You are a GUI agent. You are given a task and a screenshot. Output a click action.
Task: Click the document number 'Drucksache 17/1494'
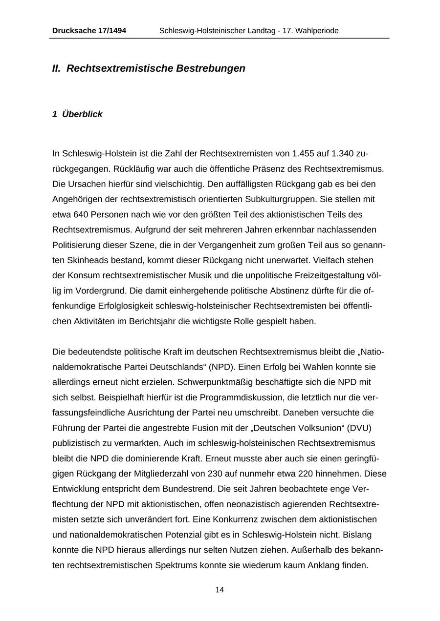pos(89,31)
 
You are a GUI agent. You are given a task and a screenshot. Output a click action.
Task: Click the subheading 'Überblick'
pos(82,114)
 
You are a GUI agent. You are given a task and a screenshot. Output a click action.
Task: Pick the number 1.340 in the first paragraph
pos(342,154)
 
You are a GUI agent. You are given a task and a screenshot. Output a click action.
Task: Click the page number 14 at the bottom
pos(220,590)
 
